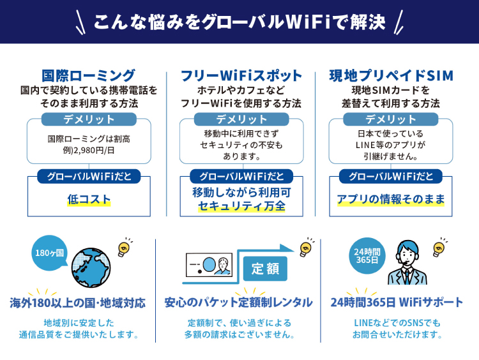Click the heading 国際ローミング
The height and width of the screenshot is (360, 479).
[x=88, y=75]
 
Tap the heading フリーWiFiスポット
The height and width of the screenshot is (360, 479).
[x=241, y=75]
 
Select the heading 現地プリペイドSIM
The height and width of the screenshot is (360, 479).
[x=391, y=75]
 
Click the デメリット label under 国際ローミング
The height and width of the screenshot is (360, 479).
[x=89, y=119]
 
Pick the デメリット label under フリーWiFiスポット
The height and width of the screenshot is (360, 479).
[x=241, y=119]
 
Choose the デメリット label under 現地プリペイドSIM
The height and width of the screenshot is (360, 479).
[x=391, y=119]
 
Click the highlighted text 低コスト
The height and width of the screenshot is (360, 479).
[x=89, y=200]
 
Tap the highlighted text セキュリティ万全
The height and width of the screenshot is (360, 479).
[x=241, y=207]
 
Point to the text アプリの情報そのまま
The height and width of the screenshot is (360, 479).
[x=391, y=200]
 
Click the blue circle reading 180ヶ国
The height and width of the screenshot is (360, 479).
[x=49, y=253]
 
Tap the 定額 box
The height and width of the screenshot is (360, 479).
[x=265, y=269]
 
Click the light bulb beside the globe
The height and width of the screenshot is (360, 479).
[x=125, y=247]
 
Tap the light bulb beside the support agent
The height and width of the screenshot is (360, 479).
[x=439, y=248]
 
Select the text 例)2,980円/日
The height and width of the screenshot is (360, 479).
[x=89, y=151]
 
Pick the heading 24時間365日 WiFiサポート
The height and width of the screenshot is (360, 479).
[x=397, y=302]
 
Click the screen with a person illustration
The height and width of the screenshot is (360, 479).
[x=208, y=265]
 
